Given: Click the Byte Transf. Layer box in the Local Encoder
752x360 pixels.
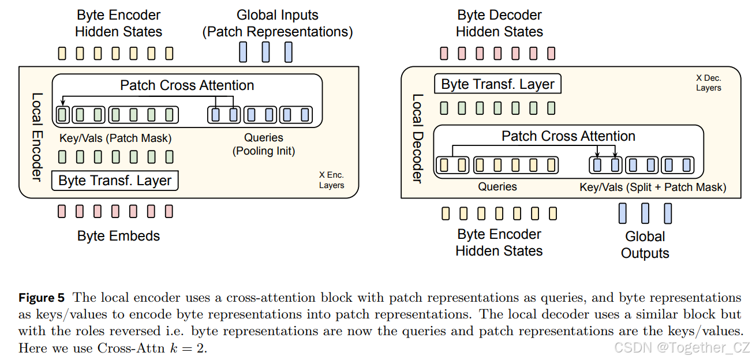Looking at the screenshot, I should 115,181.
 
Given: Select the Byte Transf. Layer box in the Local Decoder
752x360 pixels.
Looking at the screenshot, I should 497,84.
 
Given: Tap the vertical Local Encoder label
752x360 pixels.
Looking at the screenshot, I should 36,137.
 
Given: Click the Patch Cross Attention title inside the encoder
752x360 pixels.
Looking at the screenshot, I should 187,85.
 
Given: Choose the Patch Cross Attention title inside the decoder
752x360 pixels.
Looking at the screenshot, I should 568,136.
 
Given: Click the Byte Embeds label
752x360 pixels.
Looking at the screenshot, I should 118,235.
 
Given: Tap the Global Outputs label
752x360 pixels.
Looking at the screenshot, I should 645,245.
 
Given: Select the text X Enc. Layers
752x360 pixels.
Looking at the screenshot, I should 331,180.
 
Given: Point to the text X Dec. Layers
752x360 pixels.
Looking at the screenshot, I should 708,82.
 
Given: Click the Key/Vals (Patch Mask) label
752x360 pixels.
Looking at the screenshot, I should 115,138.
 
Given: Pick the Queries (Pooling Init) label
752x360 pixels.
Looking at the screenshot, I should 264,144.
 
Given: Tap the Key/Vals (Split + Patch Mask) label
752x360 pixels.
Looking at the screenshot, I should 653,187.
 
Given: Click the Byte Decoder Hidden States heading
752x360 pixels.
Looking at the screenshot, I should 499,23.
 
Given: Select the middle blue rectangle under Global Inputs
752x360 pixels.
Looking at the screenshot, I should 265,52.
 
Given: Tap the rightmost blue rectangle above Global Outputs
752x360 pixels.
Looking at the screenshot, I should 668,213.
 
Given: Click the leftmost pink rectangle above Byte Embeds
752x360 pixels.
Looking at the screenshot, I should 62,212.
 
